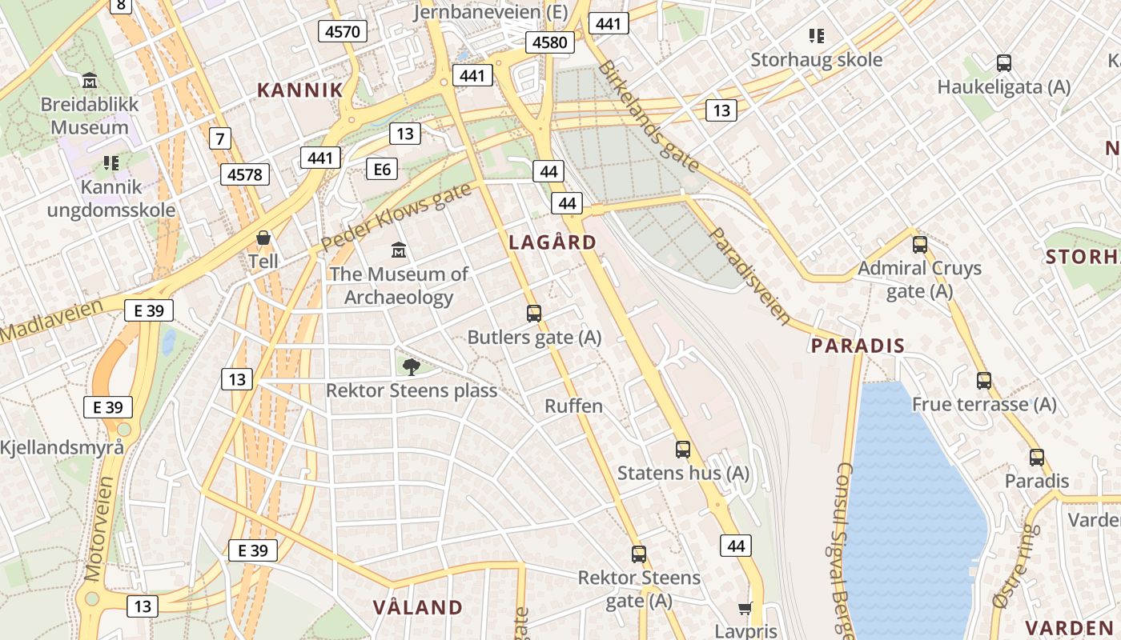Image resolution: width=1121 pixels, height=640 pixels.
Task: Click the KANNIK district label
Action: (x=299, y=90)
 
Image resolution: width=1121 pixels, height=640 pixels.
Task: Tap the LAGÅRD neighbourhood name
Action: (x=553, y=242)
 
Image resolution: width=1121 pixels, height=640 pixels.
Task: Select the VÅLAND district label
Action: (x=418, y=607)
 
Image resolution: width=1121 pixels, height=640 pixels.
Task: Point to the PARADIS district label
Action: (x=858, y=346)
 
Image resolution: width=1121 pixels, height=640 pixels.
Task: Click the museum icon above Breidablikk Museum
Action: (x=90, y=81)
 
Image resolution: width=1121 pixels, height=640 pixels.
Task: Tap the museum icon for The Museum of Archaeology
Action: (x=398, y=250)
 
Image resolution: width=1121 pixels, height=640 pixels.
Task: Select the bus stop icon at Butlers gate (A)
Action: (x=534, y=314)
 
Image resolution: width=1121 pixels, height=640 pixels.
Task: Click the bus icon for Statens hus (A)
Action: (x=683, y=450)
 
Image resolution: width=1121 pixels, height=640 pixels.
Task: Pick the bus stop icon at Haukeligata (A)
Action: (x=1003, y=63)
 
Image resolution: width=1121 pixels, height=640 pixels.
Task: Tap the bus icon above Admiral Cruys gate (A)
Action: (x=920, y=245)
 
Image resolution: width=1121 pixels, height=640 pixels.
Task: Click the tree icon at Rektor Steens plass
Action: (x=411, y=367)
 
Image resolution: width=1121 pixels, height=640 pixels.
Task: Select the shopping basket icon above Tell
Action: (x=263, y=238)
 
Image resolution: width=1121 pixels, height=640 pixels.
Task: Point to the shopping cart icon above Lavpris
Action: (x=745, y=609)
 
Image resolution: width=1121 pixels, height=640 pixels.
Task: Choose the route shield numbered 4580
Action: (x=550, y=42)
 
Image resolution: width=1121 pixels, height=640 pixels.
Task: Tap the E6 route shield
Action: (x=382, y=169)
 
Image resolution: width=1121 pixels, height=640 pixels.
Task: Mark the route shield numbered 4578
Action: (x=245, y=174)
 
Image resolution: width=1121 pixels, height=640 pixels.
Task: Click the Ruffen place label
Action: (x=573, y=406)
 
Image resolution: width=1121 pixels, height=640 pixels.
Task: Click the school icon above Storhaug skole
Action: (x=817, y=35)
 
